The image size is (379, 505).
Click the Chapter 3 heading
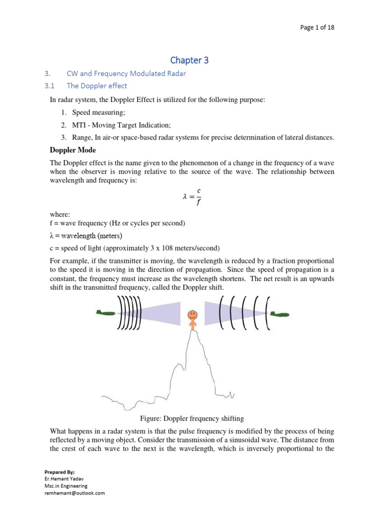pyautogui.click(x=189, y=60)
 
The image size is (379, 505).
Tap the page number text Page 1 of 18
pyautogui.click(x=317, y=28)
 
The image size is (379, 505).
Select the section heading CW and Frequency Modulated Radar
pyautogui.click(x=126, y=73)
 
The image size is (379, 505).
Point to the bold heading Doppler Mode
pyautogui.click(x=73, y=150)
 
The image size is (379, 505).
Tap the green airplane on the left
pyautogui.click(x=106, y=312)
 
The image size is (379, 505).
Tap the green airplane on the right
pyautogui.click(x=279, y=314)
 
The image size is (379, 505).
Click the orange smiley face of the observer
pyautogui.click(x=192, y=314)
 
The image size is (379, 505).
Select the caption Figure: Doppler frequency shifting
pyautogui.click(x=192, y=419)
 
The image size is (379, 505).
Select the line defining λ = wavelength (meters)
pyautogui.click(x=86, y=235)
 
